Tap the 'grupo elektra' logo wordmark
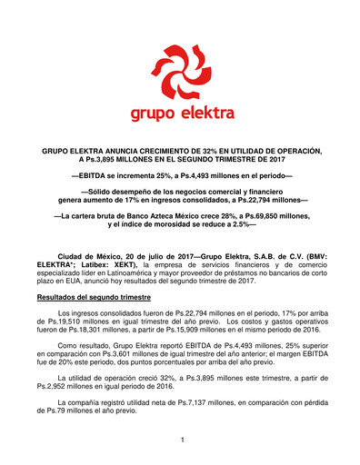point(180,114)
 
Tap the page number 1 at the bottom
point(181,440)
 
